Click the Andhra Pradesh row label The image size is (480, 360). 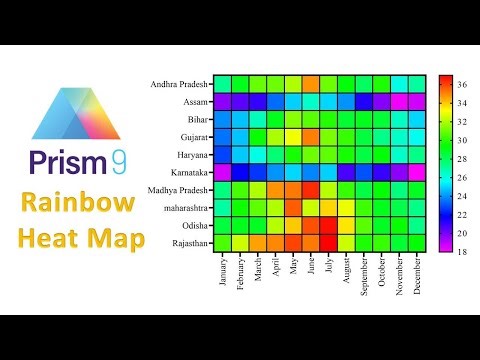point(176,83)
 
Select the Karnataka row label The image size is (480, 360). point(185,172)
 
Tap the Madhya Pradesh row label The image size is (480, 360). point(178,190)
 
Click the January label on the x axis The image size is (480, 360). point(221,270)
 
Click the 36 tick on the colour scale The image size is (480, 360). point(461,87)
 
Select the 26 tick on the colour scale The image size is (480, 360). point(461,176)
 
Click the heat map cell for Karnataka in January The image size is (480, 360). point(221,172)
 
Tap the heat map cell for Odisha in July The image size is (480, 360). point(329,225)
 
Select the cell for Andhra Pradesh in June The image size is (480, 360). point(311,83)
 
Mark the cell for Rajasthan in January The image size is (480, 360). point(221,243)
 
